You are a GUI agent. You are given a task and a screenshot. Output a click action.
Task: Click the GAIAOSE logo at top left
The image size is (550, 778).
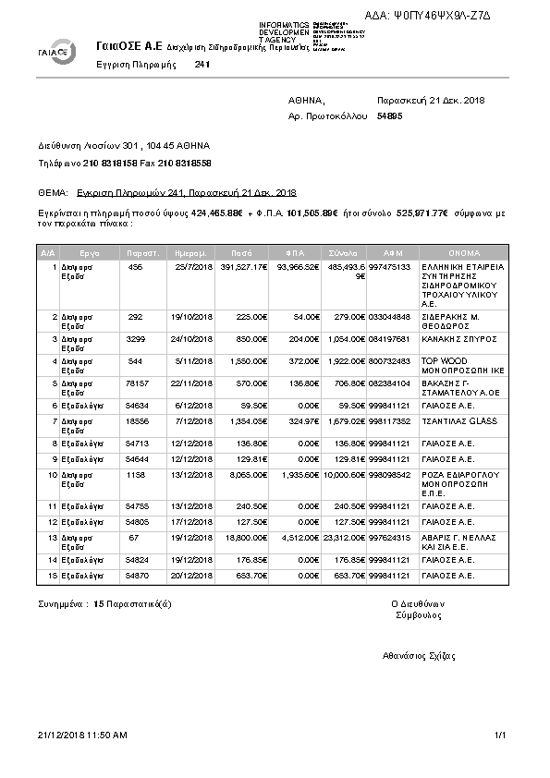56,52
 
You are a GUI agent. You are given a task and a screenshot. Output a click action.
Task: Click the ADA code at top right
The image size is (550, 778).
442,16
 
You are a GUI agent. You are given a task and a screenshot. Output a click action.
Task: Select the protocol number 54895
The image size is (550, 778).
390,116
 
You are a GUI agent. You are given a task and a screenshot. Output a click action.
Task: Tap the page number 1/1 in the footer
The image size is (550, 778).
501,735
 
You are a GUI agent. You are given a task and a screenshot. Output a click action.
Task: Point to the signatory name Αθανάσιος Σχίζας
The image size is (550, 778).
420,655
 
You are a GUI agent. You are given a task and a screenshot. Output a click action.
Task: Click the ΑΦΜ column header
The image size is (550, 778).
393,252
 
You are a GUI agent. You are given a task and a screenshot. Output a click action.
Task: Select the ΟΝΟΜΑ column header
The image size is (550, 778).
463,252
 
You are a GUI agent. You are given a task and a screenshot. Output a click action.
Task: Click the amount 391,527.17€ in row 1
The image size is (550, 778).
243,267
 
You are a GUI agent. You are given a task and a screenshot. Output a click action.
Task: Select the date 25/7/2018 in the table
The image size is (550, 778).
193,267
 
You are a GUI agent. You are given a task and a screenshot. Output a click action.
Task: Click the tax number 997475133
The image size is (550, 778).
389,267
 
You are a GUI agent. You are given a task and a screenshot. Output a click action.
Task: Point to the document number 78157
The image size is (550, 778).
136,383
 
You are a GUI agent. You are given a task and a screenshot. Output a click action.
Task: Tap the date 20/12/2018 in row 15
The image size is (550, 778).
193,575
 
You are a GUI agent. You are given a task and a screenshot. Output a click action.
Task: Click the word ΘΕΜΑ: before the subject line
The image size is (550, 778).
54,192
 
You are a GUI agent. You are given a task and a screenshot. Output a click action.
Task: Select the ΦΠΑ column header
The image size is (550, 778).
296,252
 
